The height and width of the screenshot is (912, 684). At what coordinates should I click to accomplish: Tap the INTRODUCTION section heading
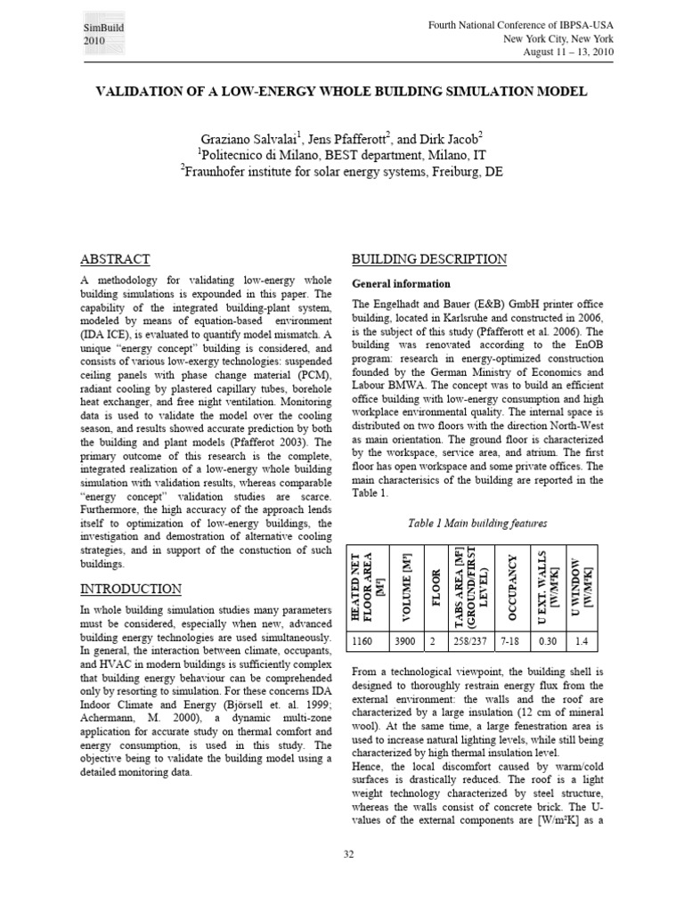click(x=131, y=589)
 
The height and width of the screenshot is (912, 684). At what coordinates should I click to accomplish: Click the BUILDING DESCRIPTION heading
click(x=429, y=259)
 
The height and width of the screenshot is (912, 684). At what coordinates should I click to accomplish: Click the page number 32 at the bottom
click(x=349, y=854)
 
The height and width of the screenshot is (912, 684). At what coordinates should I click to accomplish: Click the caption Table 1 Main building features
click(x=464, y=522)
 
